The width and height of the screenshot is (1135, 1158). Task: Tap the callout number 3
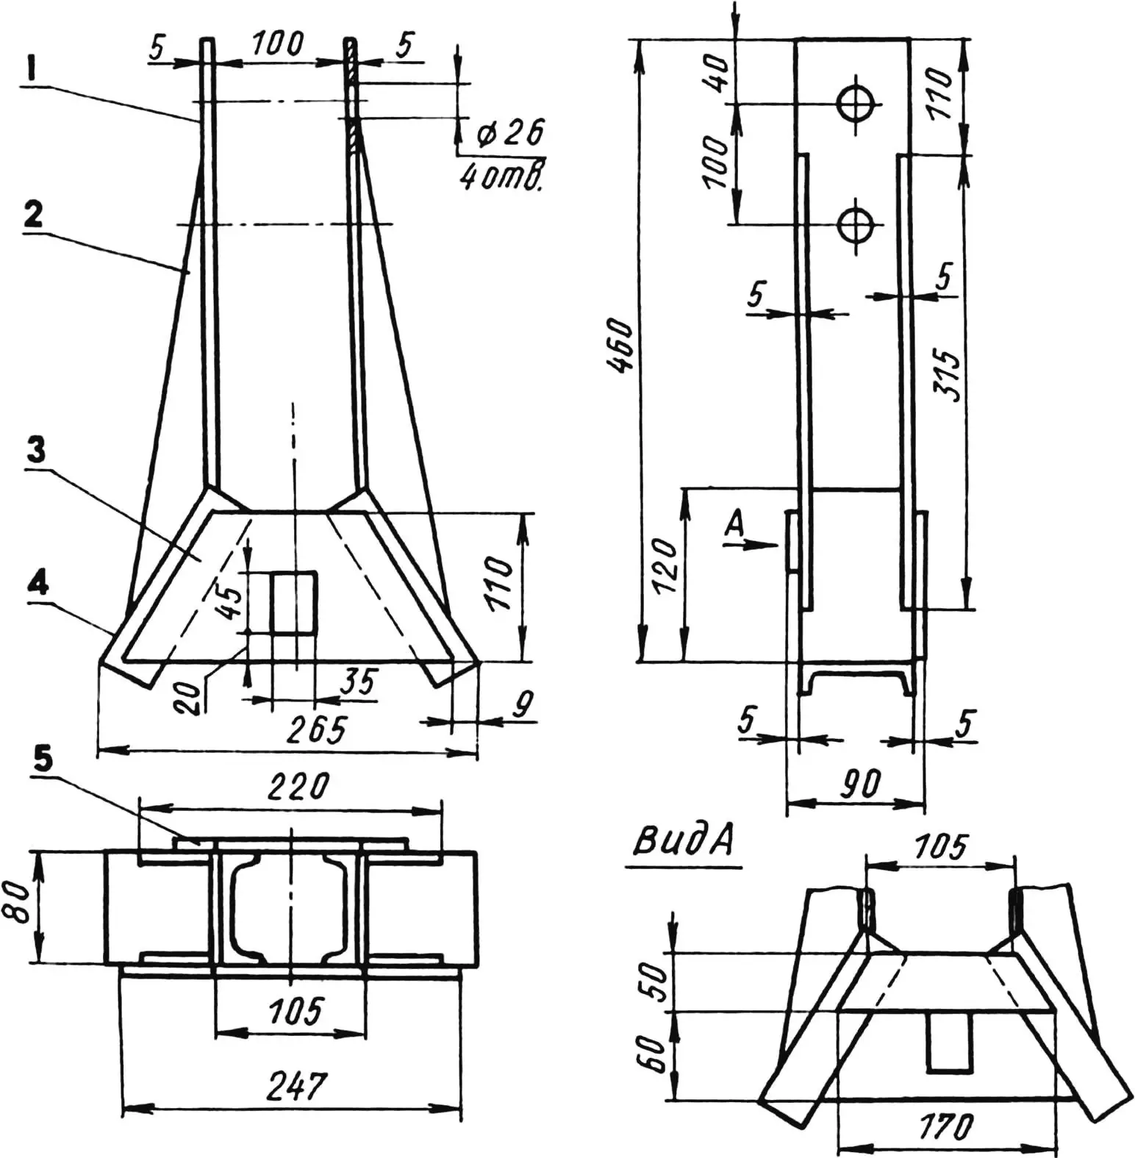pyautogui.click(x=35, y=450)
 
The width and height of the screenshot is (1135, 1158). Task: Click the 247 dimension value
pyautogui.click(x=298, y=1086)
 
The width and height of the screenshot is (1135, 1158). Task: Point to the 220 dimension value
pyautogui.click(x=298, y=787)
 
